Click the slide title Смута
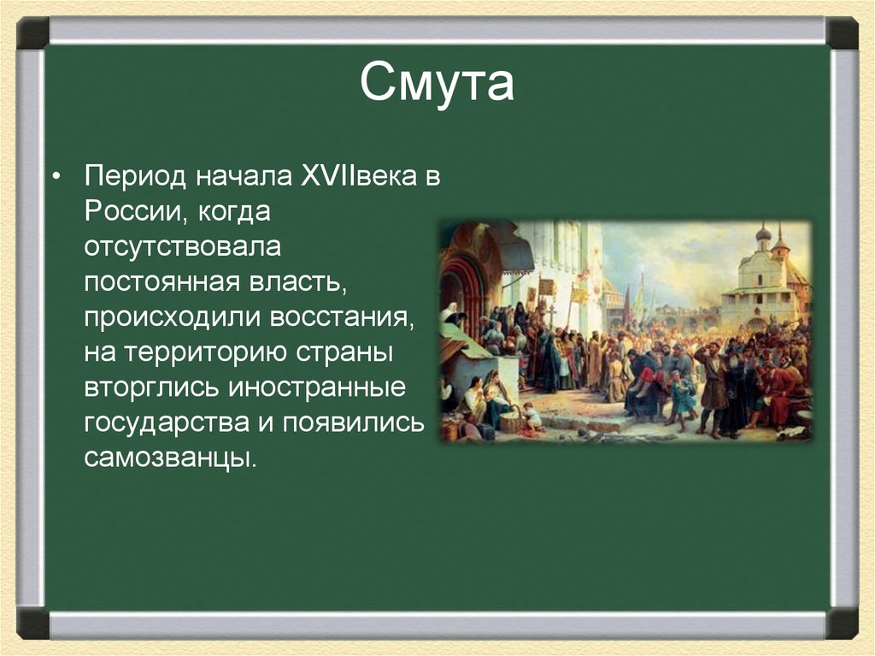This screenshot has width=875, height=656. tap(437, 82)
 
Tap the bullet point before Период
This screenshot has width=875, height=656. tap(56, 177)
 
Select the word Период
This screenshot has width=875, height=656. tap(134, 176)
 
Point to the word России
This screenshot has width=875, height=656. tap(132, 211)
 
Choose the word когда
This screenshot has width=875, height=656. tap(234, 212)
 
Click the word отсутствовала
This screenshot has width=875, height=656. tap(183, 247)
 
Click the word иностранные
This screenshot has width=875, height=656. tap(317, 387)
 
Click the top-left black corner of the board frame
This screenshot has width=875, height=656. tap(33, 33)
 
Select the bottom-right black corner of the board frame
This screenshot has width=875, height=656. tap(842, 623)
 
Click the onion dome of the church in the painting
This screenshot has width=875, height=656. tap(763, 233)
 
